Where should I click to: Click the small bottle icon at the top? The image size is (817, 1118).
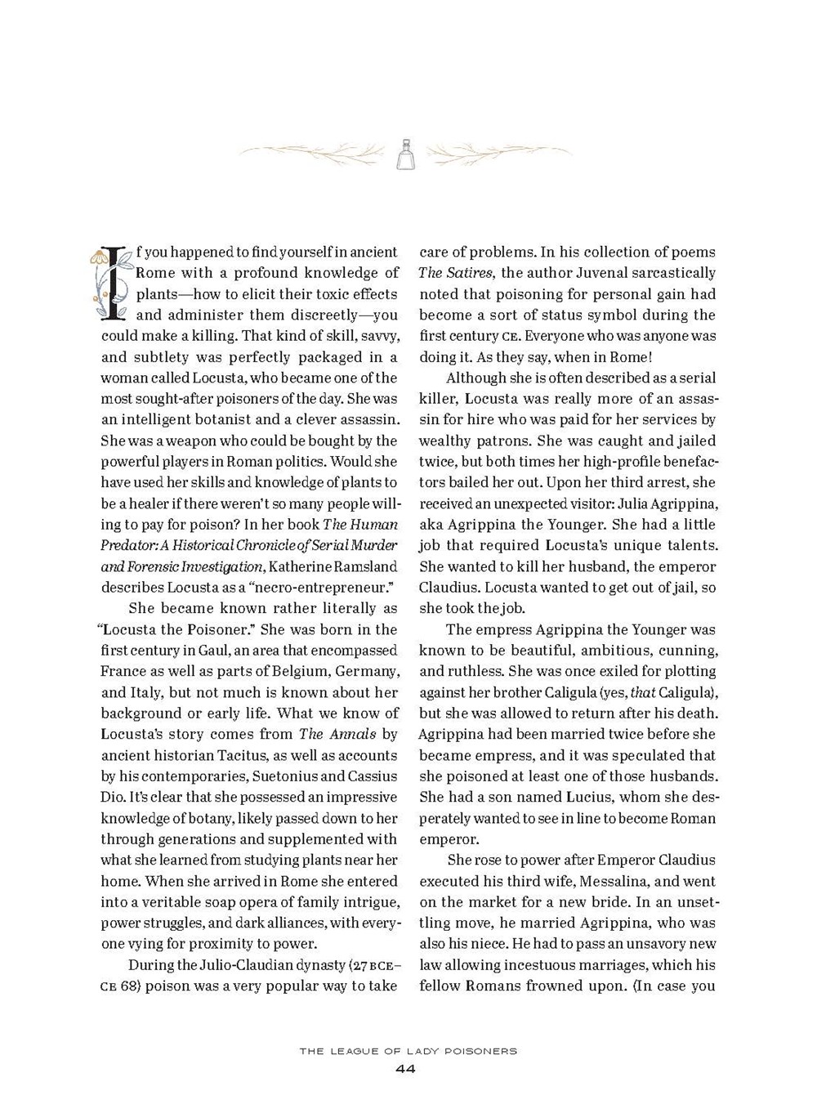click(x=406, y=154)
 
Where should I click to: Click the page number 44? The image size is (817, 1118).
click(x=406, y=1069)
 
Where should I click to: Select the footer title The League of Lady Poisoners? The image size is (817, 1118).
click(x=408, y=1051)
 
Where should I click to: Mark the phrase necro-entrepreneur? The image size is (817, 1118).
click(x=327, y=587)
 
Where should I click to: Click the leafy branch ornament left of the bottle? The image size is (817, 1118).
click(x=315, y=152)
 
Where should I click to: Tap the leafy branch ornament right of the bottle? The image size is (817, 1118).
click(x=500, y=152)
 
